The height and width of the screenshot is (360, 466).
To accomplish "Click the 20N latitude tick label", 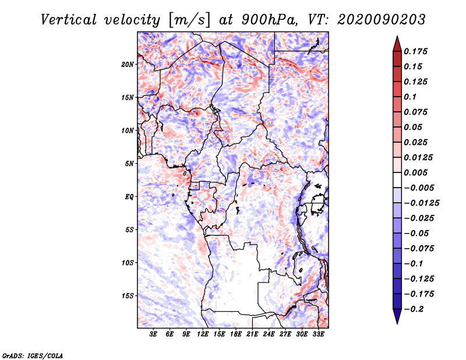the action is click(x=128, y=65).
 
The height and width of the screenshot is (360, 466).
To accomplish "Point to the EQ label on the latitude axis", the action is click(x=129, y=197).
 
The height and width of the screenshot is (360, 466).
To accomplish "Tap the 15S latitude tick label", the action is click(x=128, y=296).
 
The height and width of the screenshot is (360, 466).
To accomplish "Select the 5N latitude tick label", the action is click(x=129, y=164).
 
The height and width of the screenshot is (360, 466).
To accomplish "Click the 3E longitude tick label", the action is click(x=153, y=334).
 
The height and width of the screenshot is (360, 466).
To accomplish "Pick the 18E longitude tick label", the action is click(x=236, y=334).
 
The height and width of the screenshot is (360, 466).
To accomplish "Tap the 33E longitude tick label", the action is click(x=318, y=334).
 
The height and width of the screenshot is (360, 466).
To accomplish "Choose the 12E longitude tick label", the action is click(x=203, y=334).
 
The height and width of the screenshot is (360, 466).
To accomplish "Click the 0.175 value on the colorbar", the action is click(x=415, y=51).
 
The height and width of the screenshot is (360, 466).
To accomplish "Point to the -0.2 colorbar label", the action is click(x=414, y=309).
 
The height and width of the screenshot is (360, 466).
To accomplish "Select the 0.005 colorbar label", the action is click(x=415, y=172).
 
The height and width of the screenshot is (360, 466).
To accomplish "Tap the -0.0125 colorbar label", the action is click(x=421, y=203).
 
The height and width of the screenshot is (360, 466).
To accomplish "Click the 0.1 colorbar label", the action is click(x=410, y=97).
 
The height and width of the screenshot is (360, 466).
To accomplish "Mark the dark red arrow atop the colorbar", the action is click(x=397, y=44).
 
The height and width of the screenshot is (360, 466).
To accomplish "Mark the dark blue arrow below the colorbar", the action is click(x=397, y=316).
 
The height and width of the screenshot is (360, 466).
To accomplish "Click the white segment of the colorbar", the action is click(x=397, y=180).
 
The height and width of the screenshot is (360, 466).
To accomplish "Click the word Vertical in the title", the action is click(x=69, y=20).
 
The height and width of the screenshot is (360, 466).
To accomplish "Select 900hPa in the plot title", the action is click(x=269, y=20).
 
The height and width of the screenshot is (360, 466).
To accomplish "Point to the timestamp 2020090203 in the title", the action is click(x=382, y=20).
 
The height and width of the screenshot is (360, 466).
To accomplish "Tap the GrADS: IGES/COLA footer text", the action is click(x=33, y=355).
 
